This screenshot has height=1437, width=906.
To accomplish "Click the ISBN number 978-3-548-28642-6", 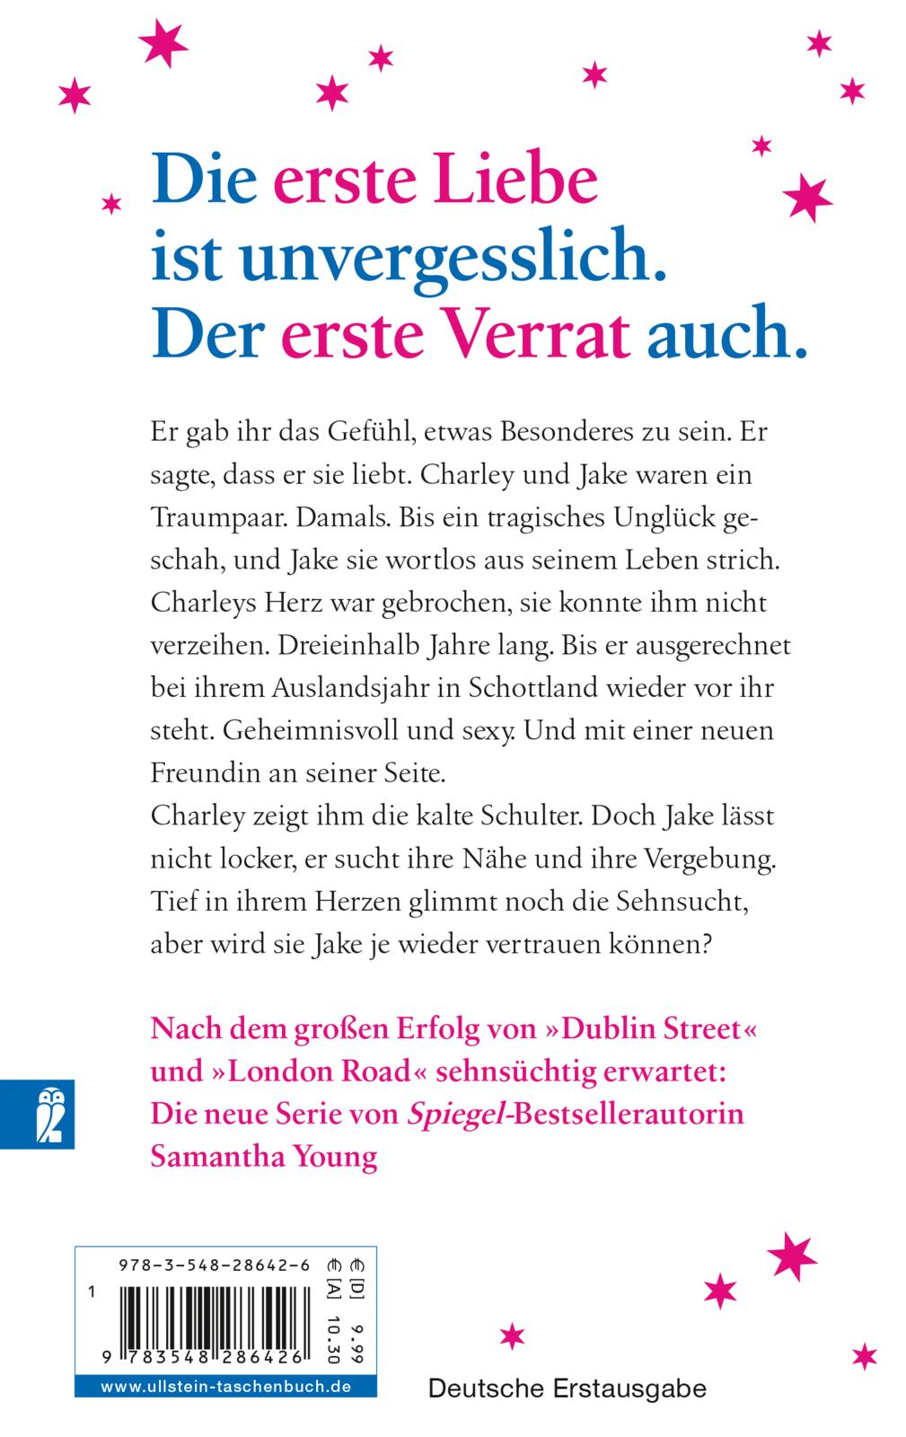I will (x=214, y=1265).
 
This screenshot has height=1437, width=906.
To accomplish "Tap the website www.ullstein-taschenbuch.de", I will (x=225, y=1387).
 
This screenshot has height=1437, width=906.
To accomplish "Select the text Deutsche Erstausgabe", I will (x=567, y=1389).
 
